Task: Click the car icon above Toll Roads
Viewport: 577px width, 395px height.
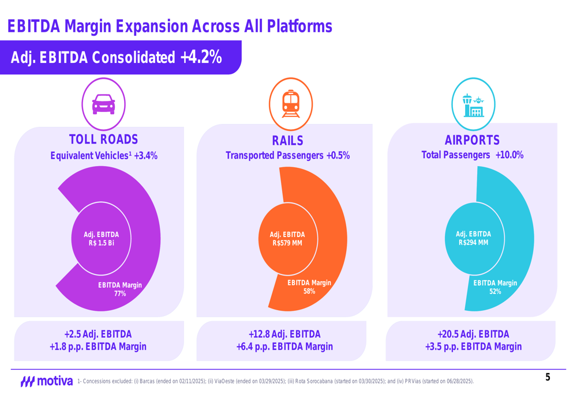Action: click(x=104, y=104)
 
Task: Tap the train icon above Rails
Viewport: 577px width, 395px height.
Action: click(x=291, y=104)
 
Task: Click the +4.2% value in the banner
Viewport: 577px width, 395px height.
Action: click(x=201, y=57)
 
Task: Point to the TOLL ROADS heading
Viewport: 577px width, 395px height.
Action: click(x=104, y=140)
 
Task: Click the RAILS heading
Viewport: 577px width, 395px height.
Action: click(x=287, y=141)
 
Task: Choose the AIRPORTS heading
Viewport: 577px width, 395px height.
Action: click(x=473, y=140)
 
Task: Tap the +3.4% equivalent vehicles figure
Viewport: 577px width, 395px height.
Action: click(x=145, y=156)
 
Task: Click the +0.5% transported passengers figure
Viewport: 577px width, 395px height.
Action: click(x=338, y=156)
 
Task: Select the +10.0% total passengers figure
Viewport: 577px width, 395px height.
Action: click(x=509, y=155)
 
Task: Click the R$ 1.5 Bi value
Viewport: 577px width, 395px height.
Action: click(x=102, y=243)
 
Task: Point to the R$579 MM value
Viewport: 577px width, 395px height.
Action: click(x=287, y=243)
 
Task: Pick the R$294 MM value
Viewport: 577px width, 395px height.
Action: click(x=473, y=243)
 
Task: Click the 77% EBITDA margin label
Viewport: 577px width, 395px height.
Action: click(x=120, y=294)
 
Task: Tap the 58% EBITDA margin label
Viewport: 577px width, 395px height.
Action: click(x=309, y=291)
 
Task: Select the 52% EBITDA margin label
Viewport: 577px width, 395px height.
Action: click(x=495, y=292)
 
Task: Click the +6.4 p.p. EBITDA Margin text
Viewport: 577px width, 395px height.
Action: click(x=284, y=347)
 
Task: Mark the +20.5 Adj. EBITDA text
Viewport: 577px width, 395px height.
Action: click(x=473, y=334)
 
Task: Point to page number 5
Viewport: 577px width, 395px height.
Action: click(x=548, y=378)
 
